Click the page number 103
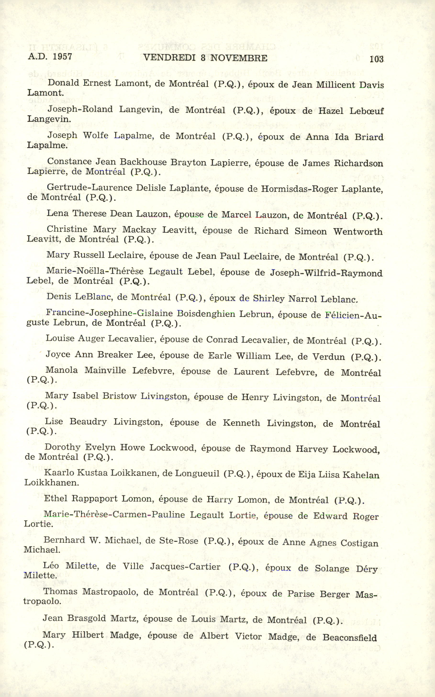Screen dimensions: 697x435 pyautogui.click(x=376, y=59)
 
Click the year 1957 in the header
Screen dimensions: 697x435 pyautogui.click(x=62, y=56)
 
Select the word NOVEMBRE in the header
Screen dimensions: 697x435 pyautogui.click(x=239, y=58)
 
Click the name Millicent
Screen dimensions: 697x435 pyautogui.click(x=336, y=85)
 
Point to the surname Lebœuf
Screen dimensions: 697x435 pyautogui.click(x=367, y=111)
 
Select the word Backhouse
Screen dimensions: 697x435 pyautogui.click(x=143, y=162)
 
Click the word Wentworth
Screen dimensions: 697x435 pyautogui.click(x=358, y=232)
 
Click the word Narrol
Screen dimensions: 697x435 pyautogui.click(x=303, y=299)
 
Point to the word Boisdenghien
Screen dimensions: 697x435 pyautogui.click(x=206, y=314)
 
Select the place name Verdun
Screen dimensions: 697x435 pyautogui.click(x=329, y=357)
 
